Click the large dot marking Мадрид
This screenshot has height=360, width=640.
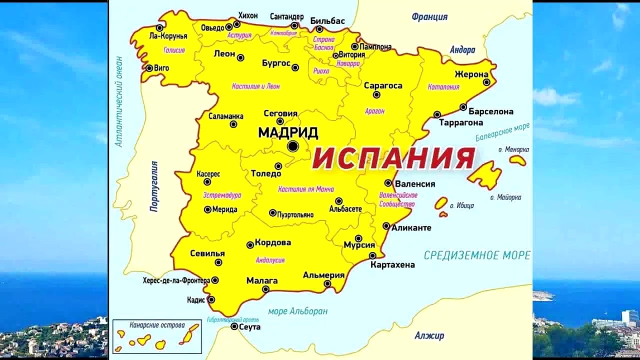pos(293,146)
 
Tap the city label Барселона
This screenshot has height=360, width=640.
pos(491,111)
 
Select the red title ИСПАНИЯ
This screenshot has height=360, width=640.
pos(393,158)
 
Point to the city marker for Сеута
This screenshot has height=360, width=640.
pos(234,326)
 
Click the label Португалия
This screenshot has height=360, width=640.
pos(154,186)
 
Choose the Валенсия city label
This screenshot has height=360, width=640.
pos(415,184)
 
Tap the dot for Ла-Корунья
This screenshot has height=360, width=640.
pos(159,28)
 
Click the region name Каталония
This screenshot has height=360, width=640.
pos(443,87)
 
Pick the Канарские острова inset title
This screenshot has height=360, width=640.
pos(157,325)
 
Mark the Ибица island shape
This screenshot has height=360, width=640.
pos(441,203)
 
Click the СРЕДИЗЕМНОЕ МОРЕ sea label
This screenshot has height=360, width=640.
pos(477,255)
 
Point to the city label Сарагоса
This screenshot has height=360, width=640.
pos(383,85)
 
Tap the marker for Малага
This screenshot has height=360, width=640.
pos(265,289)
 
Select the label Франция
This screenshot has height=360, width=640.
pos(429,17)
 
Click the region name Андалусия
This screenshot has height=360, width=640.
pos(270,260)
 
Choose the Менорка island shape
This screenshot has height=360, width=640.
pos(517,160)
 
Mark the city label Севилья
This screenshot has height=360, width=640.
pos(207,253)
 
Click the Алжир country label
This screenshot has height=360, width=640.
pos(429,335)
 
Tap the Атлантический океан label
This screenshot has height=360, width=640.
pos(119,101)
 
